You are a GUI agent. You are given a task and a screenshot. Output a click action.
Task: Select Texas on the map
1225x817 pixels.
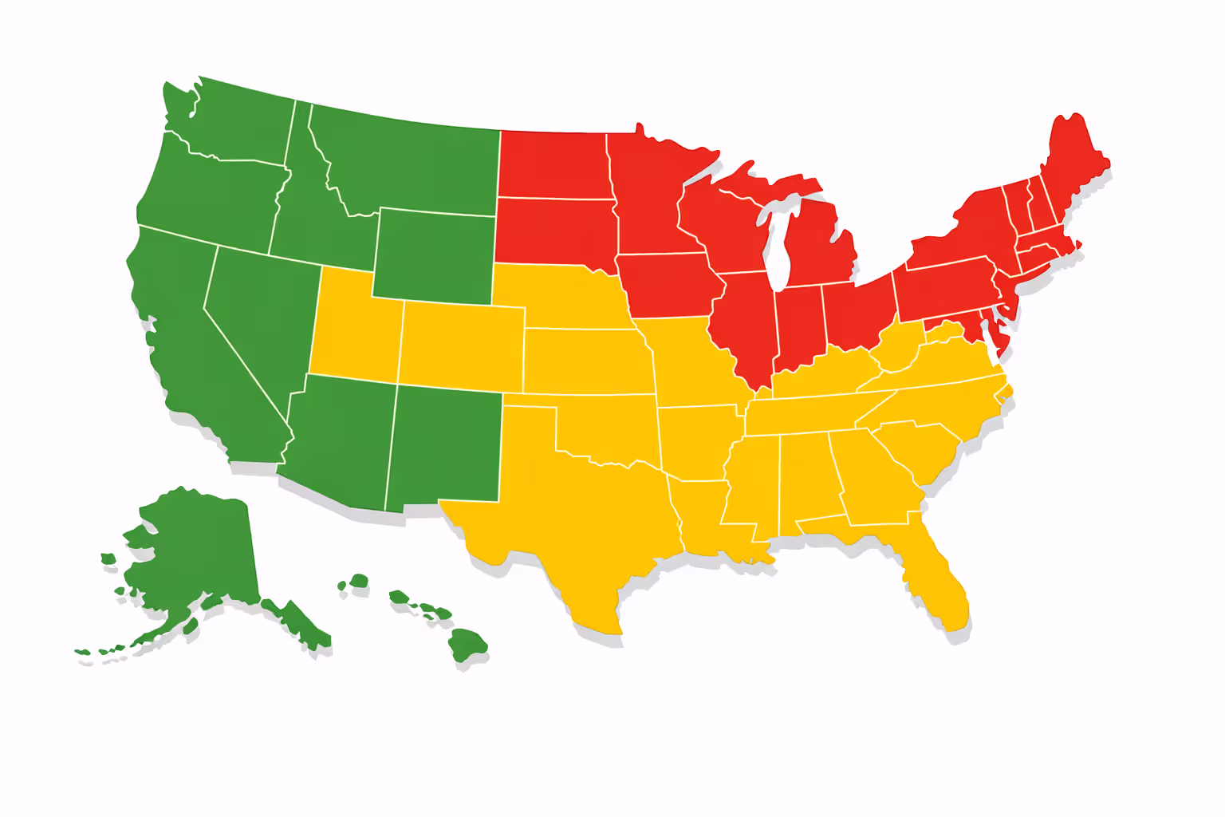click(582, 511)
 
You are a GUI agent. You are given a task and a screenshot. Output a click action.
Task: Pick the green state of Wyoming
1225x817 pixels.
click(435, 255)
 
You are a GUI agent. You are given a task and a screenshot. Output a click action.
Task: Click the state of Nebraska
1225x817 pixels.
click(558, 295)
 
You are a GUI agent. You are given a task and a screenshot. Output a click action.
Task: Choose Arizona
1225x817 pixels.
click(339, 439)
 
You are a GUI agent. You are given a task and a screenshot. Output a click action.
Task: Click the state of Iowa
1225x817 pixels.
click(666, 283)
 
